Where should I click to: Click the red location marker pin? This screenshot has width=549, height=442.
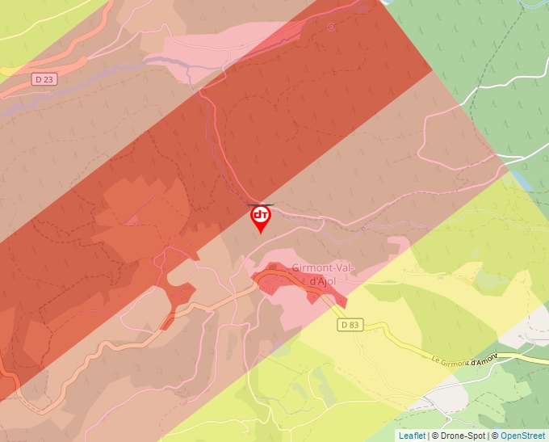261,217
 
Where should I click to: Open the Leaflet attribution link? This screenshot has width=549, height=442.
412,436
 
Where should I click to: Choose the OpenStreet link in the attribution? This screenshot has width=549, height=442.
522,436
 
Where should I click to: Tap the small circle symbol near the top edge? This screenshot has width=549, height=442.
331,27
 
